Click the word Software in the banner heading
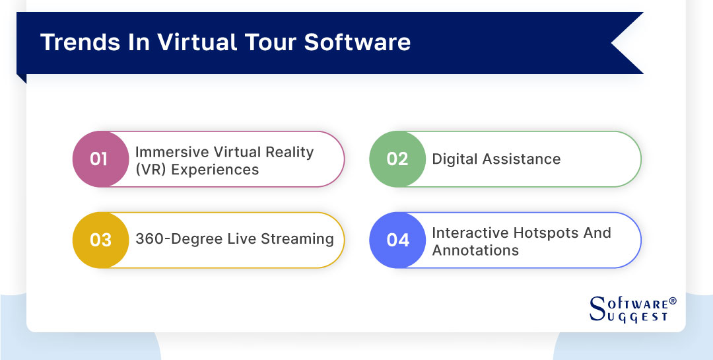pyautogui.click(x=358, y=42)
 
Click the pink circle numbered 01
pyautogui.click(x=99, y=159)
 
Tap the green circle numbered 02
pyautogui.click(x=397, y=159)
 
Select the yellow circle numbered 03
pyautogui.click(x=100, y=240)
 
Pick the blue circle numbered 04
pyautogui.click(x=397, y=240)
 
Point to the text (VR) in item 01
pyautogui.click(x=150, y=169)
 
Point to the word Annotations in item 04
pyautogui.click(x=475, y=250)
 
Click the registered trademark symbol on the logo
pyautogui.click(x=673, y=301)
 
